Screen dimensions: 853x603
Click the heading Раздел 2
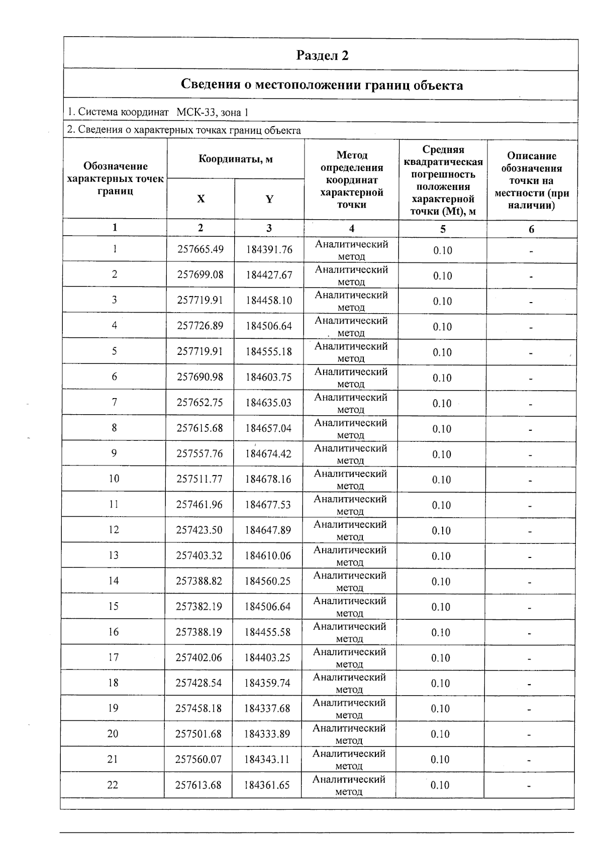coord(322,55)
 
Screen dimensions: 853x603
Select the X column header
coord(200,199)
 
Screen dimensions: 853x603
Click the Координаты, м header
coord(235,159)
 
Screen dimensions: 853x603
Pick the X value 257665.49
coord(200,249)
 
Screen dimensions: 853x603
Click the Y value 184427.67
coord(269,275)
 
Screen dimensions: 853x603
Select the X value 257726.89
coord(200,326)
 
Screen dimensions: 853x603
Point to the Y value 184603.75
coord(268,377)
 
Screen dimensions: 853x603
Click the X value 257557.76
coord(199,453)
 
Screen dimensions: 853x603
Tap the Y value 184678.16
coord(268,479)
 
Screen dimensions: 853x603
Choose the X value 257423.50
coord(199,530)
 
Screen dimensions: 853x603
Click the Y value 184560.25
coord(267,581)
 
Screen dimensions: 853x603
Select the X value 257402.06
coord(198,657)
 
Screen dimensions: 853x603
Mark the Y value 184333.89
coord(267,734)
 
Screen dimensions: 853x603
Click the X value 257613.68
coord(198,785)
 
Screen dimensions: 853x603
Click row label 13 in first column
coord(114,555)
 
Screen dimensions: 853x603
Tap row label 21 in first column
coord(113,760)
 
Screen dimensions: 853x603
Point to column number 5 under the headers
coord(443,229)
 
